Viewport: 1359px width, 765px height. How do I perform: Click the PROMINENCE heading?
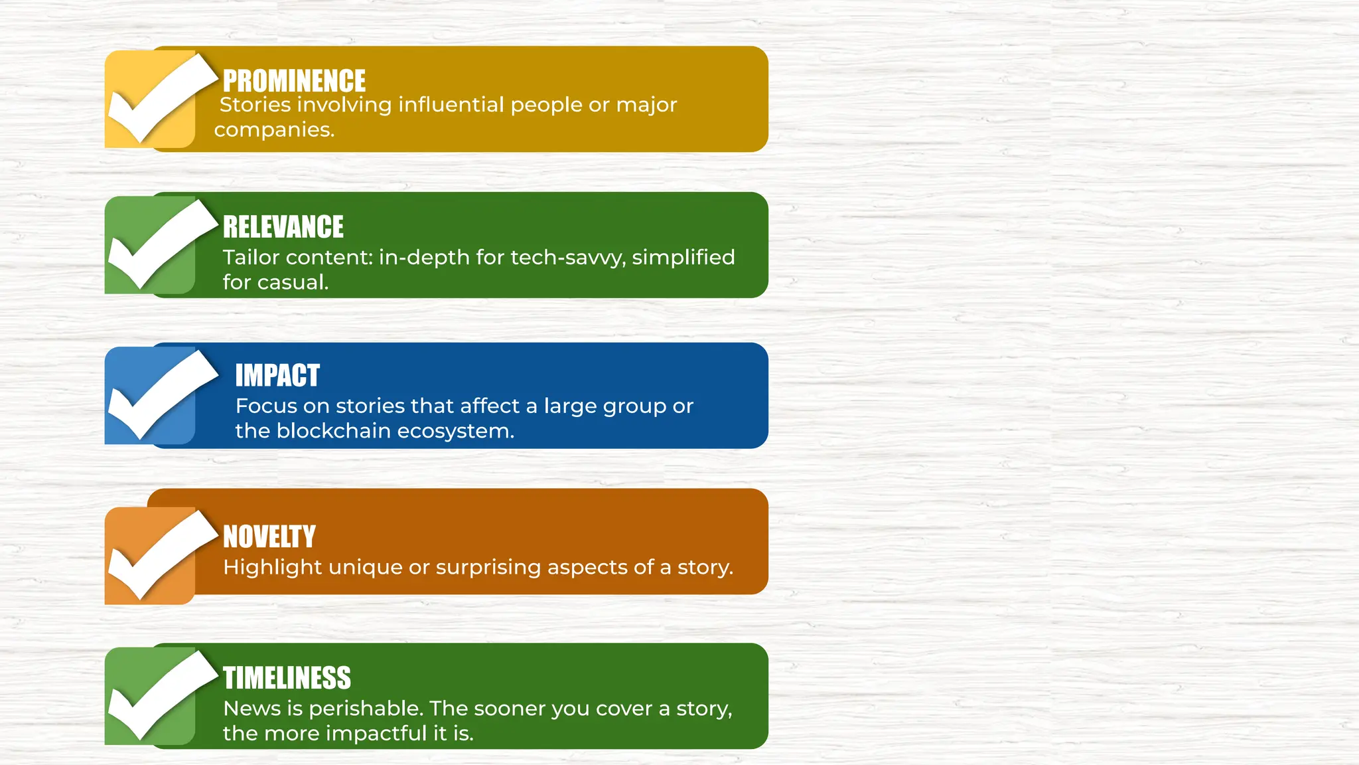tap(294, 81)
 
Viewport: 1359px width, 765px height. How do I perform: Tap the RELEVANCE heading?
tap(283, 227)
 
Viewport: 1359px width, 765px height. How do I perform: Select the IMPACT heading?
tap(277, 376)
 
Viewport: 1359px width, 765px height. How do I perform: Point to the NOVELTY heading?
tap(269, 537)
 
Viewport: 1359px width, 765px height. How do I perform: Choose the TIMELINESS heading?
tap(287, 679)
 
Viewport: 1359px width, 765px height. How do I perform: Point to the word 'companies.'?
tap(274, 129)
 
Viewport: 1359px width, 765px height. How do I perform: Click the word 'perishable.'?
tap(366, 709)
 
